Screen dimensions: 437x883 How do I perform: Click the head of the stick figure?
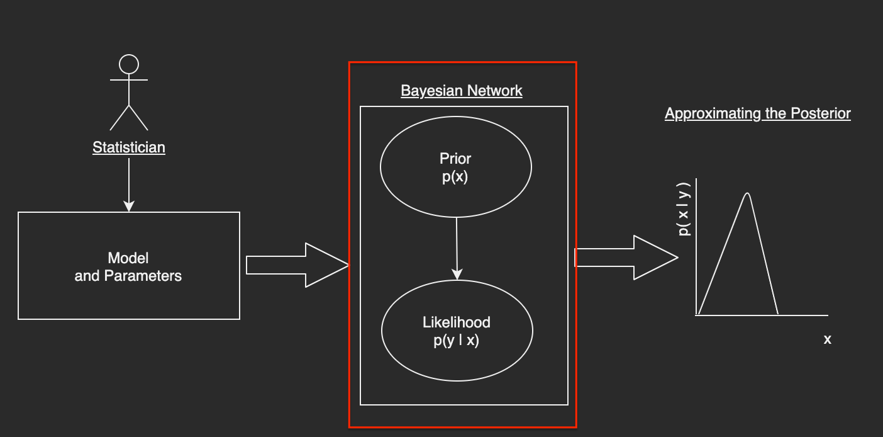tap(129, 64)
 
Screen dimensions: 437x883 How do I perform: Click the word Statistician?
tap(129, 147)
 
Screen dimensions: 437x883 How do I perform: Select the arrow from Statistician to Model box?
tap(129, 183)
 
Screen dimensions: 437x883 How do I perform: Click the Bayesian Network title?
tap(462, 91)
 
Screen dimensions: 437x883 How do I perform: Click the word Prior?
tap(455, 159)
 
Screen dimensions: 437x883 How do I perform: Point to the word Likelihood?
tap(457, 322)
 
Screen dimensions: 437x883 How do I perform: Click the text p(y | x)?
tap(457, 341)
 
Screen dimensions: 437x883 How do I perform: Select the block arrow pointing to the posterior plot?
tap(626, 258)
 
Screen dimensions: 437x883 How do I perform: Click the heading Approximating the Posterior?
tap(758, 113)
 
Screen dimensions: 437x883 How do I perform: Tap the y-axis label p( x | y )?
tap(684, 209)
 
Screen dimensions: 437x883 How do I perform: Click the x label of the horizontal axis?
tap(828, 339)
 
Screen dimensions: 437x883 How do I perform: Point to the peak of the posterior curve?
tap(747, 193)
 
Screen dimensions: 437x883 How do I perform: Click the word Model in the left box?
tap(128, 258)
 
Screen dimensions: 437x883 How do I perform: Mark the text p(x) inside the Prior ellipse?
tap(455, 177)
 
